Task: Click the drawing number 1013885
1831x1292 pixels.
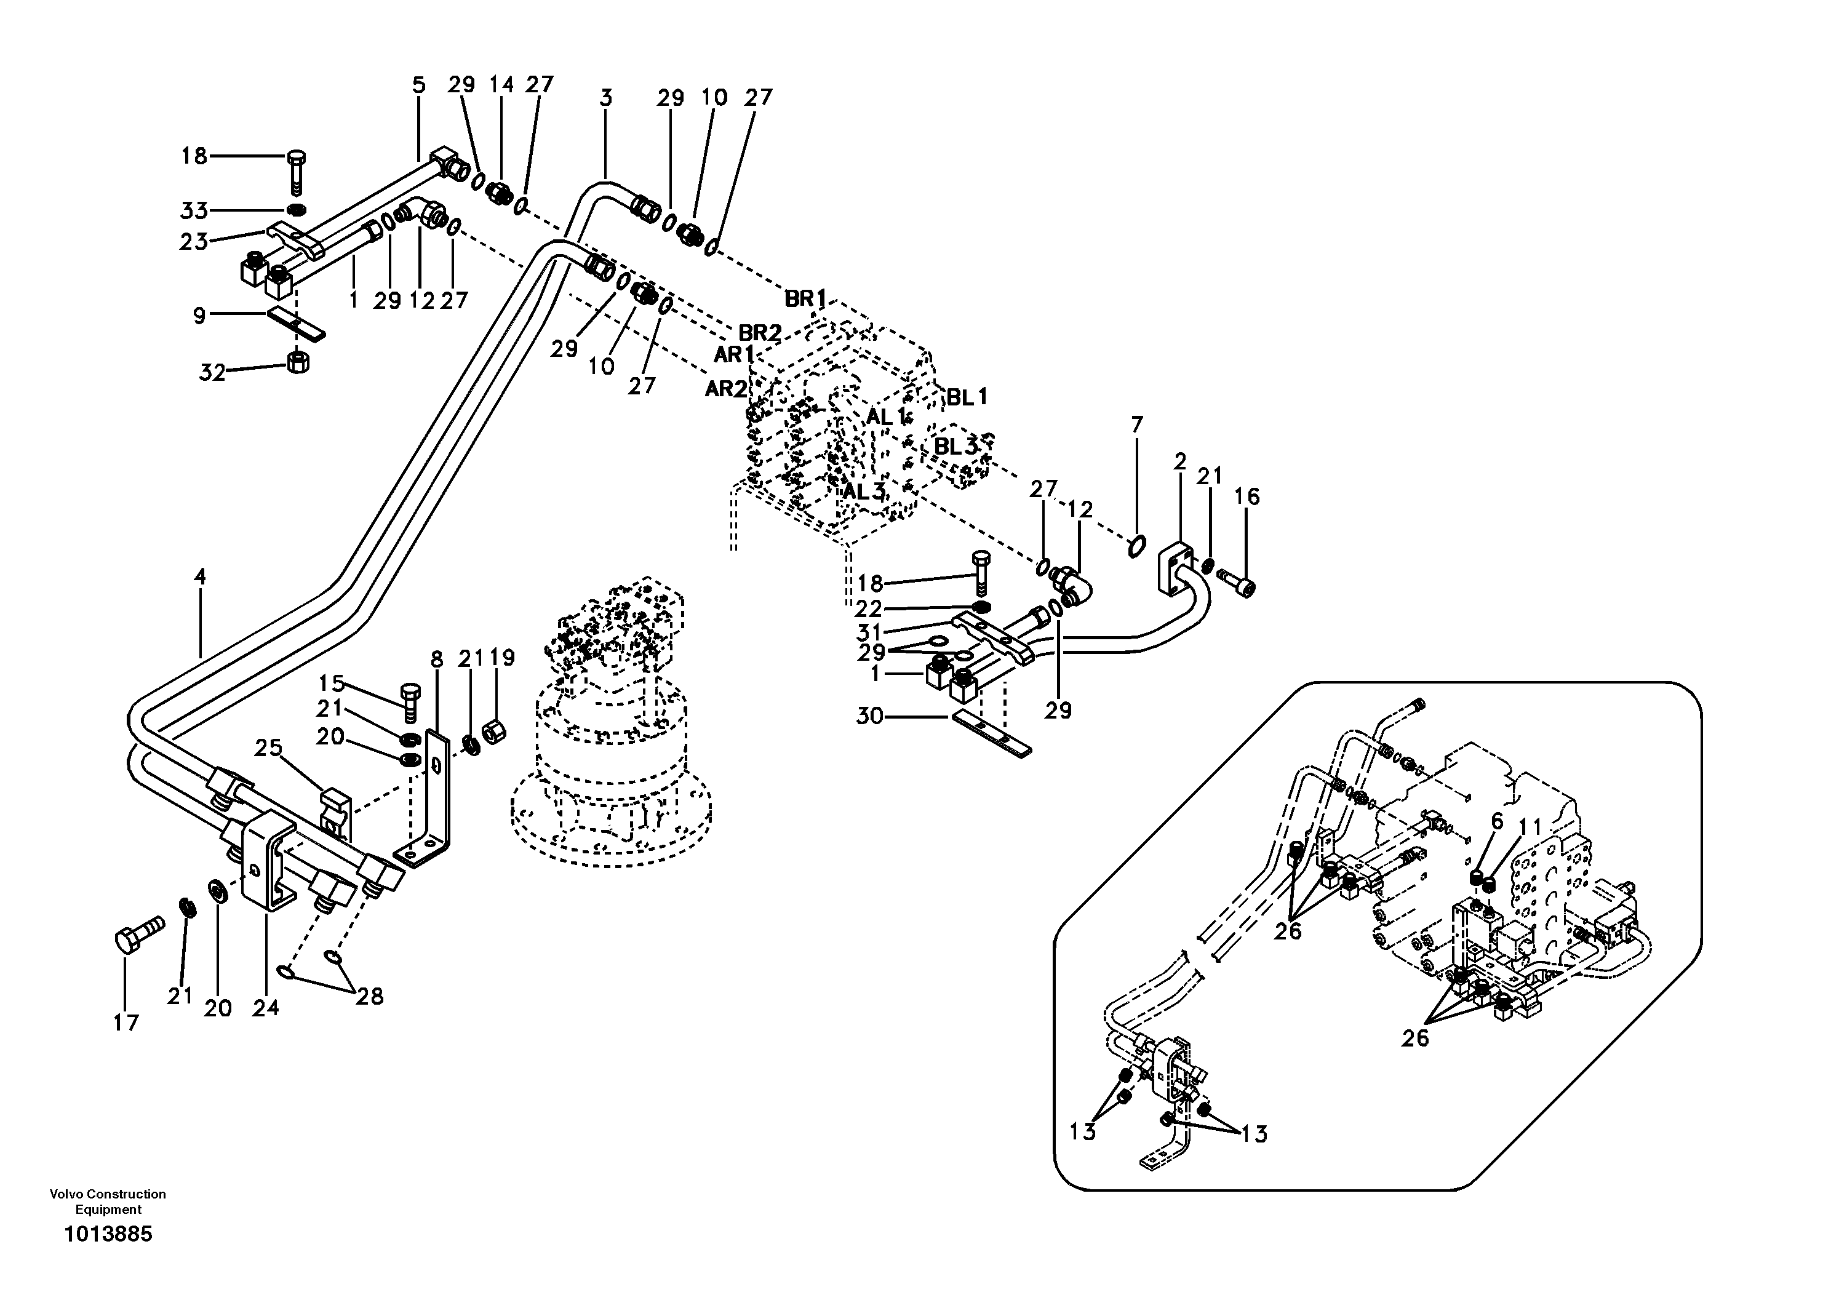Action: coord(108,1235)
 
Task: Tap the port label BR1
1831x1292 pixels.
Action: coord(805,298)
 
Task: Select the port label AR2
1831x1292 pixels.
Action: coord(726,389)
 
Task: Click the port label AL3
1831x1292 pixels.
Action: coord(864,492)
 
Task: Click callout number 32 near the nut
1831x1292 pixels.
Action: coord(212,372)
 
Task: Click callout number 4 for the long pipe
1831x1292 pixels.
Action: coord(199,576)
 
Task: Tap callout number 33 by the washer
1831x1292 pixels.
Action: coord(193,210)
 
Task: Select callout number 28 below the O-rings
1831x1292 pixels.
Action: coord(369,996)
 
